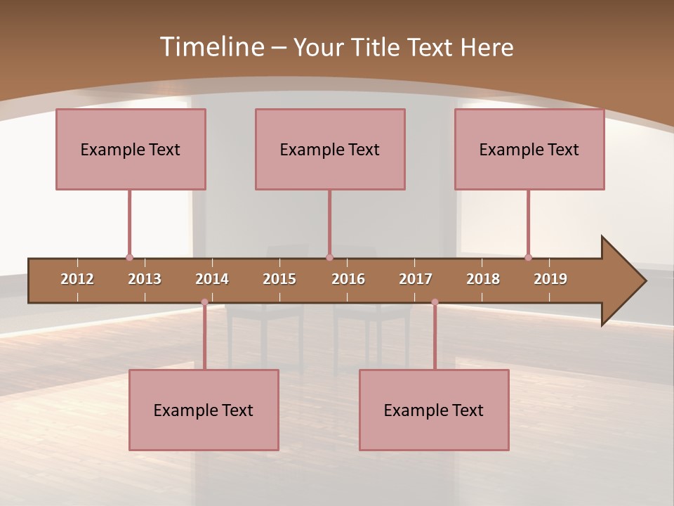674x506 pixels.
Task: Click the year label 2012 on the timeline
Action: [x=77, y=279]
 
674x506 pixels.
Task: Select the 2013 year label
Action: [x=145, y=279]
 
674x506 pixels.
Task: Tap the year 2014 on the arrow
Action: [x=212, y=279]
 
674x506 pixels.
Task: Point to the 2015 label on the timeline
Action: [x=279, y=279]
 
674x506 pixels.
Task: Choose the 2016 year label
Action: [x=348, y=279]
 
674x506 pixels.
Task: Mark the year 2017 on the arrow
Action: [x=416, y=279]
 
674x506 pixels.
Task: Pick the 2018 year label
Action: [x=483, y=279]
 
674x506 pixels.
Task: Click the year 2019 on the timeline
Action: [x=550, y=279]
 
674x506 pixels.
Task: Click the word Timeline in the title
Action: [x=211, y=47]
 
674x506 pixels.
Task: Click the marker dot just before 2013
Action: [x=129, y=258]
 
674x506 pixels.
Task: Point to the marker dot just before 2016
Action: [x=329, y=258]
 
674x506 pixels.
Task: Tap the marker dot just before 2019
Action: [x=528, y=258]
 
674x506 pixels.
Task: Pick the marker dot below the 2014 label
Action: [x=204, y=302]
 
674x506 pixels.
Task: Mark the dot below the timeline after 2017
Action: [x=435, y=302]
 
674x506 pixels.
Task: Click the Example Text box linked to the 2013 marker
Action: [x=131, y=149]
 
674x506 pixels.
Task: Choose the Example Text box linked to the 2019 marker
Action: [x=529, y=149]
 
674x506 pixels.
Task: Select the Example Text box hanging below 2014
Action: [x=204, y=410]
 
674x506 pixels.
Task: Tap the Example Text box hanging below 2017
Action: [x=434, y=410]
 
